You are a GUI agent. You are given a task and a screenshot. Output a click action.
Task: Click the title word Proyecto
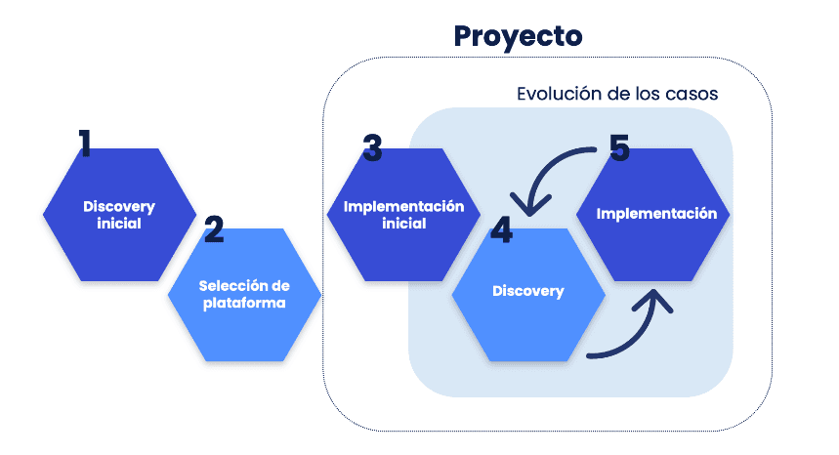[x=518, y=36]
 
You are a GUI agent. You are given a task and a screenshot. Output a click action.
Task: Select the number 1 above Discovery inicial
[x=85, y=144]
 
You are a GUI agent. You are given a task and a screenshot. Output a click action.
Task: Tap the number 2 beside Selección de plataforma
[x=214, y=229]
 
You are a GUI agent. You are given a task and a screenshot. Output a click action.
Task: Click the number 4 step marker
[x=501, y=230]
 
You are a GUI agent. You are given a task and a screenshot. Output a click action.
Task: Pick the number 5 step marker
[x=619, y=148]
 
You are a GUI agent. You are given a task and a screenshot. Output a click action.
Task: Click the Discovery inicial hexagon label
[x=119, y=215]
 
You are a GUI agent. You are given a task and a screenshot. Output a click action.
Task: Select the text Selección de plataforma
[x=244, y=294]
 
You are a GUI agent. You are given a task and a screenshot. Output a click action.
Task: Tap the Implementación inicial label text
[x=403, y=215]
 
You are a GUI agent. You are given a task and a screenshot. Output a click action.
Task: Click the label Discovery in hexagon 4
[x=527, y=291]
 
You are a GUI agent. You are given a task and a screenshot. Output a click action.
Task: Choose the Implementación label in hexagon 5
[x=656, y=213]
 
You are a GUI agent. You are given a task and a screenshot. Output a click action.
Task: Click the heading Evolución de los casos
[x=617, y=95]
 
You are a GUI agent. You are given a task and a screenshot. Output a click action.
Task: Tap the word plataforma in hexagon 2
[x=244, y=303]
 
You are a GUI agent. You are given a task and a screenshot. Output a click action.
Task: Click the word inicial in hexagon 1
[x=119, y=224]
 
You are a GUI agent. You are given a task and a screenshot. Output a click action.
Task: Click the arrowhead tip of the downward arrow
[x=528, y=212]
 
